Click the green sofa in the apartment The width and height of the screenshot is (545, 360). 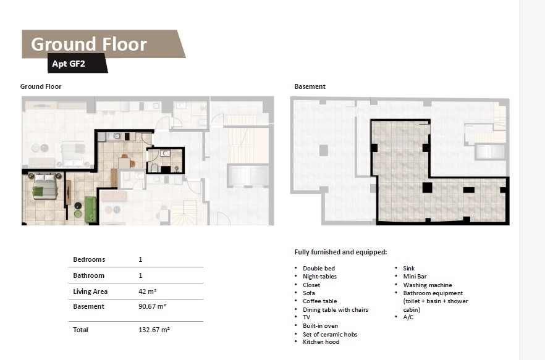90,209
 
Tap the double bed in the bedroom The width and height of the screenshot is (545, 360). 45,186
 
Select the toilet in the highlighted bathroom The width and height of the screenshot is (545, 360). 154,168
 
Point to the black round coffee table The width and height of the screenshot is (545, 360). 78,206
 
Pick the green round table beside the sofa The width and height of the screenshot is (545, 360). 78,214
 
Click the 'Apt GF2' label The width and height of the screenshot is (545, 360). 69,64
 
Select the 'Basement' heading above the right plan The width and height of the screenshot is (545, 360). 310,86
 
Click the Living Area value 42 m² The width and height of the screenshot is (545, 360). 147,291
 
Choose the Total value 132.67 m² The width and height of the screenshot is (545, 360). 154,330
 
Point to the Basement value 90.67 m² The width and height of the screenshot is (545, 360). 152,306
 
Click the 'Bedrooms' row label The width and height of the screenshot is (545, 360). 89,259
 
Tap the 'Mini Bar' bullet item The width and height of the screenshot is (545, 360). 415,277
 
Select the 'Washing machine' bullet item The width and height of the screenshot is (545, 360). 428,285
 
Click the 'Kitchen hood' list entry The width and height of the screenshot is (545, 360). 321,342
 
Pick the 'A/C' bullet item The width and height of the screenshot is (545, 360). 408,317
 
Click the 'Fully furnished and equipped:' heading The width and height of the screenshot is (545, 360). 340,252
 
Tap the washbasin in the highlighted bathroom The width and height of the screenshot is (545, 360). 166,153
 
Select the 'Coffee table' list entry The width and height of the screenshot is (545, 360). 320,301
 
